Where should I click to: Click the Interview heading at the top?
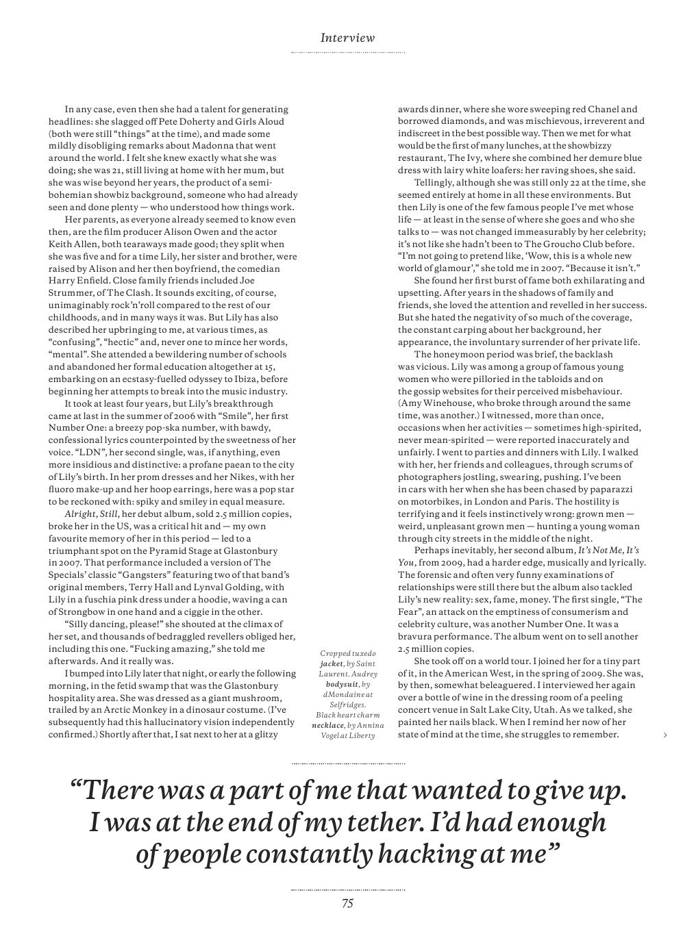pos(347,38)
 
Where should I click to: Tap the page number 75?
pos(347,903)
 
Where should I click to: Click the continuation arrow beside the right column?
pos(665,735)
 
